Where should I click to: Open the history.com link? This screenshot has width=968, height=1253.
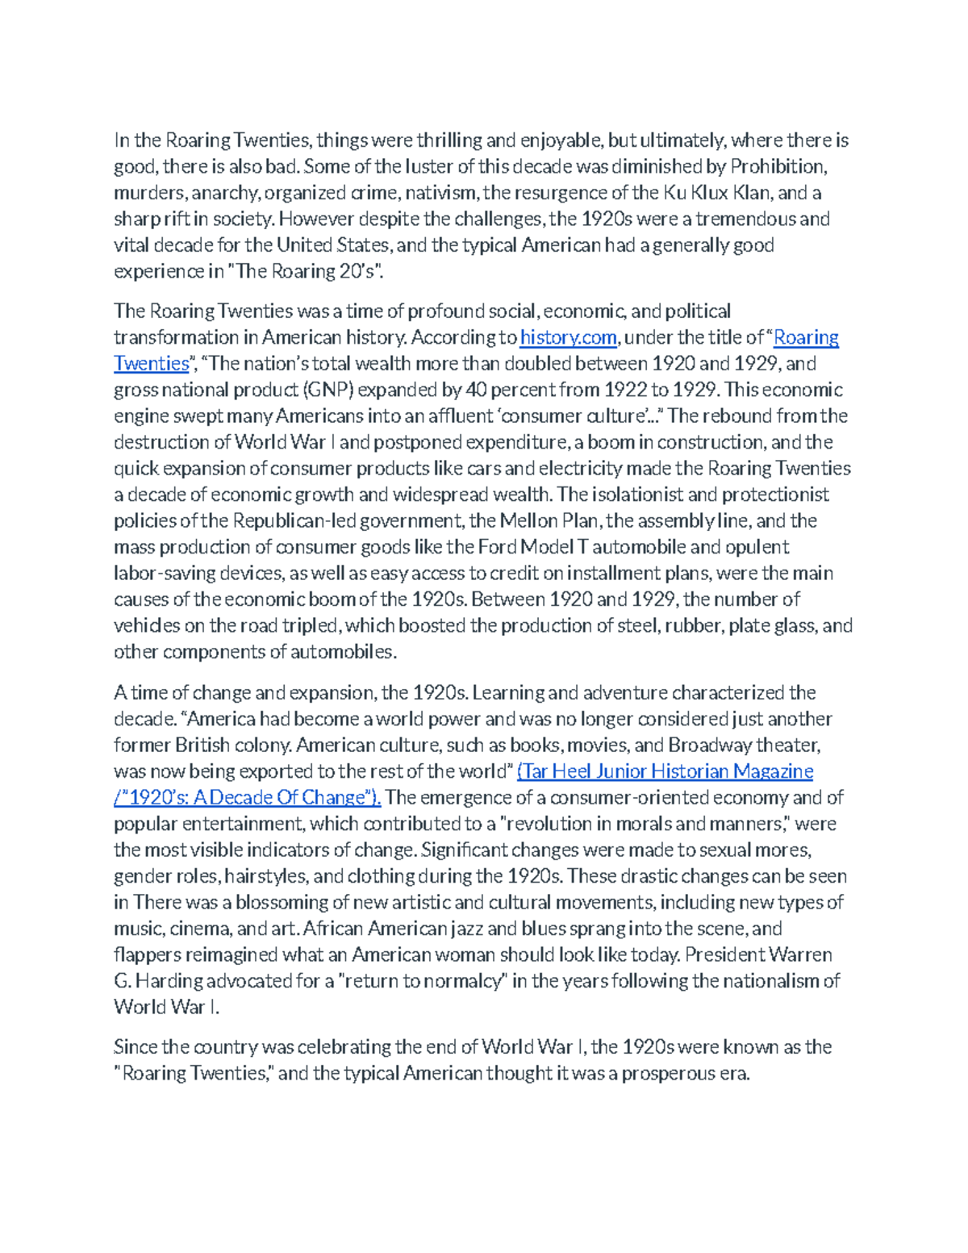pyautogui.click(x=568, y=337)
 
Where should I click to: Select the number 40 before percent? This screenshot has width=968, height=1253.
pyautogui.click(x=476, y=390)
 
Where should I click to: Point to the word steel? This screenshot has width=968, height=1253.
pyautogui.click(x=637, y=625)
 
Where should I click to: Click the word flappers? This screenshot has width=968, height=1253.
pyautogui.click(x=147, y=955)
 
